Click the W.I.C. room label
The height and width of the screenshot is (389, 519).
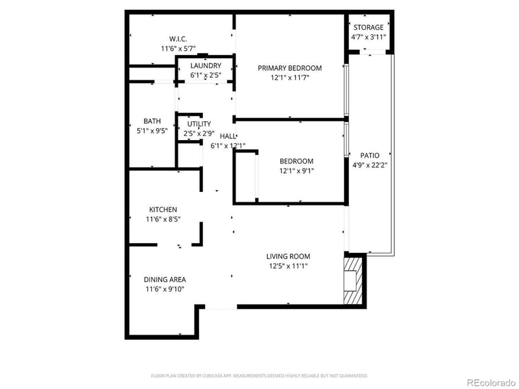pyautogui.click(x=178, y=39)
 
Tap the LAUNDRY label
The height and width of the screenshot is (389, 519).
pyautogui.click(x=206, y=65)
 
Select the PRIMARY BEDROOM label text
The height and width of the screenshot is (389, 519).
pyautogui.click(x=289, y=68)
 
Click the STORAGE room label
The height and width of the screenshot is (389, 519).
pyautogui.click(x=368, y=27)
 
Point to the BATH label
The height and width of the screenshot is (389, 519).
pyautogui.click(x=152, y=121)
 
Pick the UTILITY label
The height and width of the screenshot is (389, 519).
pyautogui.click(x=199, y=124)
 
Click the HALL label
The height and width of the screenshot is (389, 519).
pyautogui.click(x=228, y=136)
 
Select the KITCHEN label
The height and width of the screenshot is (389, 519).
pyautogui.click(x=163, y=209)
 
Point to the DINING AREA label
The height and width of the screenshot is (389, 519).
pyautogui.click(x=164, y=279)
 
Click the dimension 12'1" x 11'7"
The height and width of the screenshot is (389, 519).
pyautogui.click(x=289, y=78)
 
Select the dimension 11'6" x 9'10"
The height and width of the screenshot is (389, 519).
pyautogui.click(x=164, y=289)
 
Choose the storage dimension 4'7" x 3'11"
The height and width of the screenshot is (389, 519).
pyautogui.click(x=368, y=37)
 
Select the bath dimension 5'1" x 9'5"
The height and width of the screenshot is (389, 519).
pyautogui.click(x=152, y=130)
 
